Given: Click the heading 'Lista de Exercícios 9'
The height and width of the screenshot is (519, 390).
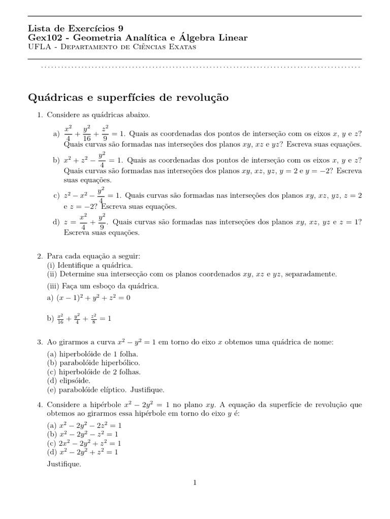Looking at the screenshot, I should pos(75,28).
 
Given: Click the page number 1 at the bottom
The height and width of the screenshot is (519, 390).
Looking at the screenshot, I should pos(194,483).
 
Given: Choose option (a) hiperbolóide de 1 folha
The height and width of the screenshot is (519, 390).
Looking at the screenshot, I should pos(92,354).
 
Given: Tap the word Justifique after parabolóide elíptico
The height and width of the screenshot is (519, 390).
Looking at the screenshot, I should pos(147,390).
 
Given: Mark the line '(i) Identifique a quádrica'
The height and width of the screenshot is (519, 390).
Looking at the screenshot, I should pos(90,265).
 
